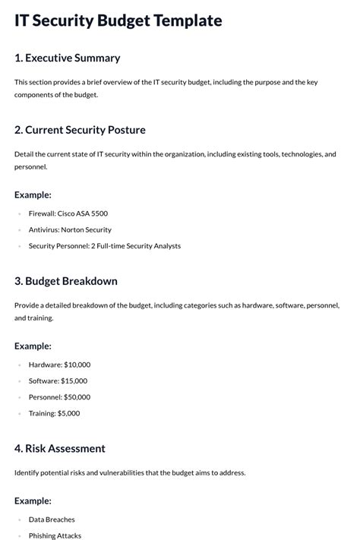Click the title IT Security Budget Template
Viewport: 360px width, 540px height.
point(118,21)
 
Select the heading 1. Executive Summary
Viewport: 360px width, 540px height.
point(67,58)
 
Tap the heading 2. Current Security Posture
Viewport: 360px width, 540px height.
point(80,130)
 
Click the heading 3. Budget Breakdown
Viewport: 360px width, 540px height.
point(66,281)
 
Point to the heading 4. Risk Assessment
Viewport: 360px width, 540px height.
point(60,448)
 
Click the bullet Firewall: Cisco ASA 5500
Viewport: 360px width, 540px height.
point(68,213)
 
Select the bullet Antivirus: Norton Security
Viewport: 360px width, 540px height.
point(70,229)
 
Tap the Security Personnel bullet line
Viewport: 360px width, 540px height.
point(105,246)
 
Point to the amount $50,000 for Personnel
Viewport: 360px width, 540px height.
point(75,396)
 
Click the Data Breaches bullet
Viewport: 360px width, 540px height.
point(52,519)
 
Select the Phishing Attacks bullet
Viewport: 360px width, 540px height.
point(55,535)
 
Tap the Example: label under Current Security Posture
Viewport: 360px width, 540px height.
point(33,194)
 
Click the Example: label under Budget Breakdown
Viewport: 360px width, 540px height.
point(33,346)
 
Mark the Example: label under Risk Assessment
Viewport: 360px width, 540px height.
point(33,501)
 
